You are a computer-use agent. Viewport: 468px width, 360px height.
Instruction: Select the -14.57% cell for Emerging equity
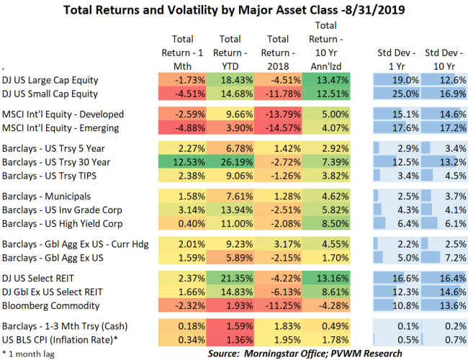tap(279, 128)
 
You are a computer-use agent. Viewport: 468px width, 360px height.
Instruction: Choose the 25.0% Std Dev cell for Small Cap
tap(397, 94)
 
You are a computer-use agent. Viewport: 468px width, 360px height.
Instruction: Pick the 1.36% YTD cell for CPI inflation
tap(230, 338)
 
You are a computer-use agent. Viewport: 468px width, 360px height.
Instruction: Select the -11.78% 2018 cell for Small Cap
tap(279, 94)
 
